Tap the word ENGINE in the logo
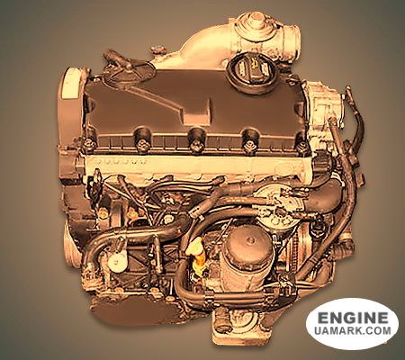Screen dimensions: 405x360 (x=353, y=318)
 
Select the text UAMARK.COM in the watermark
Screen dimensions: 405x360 (x=353, y=330)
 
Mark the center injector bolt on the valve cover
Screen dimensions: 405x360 (x=196, y=139)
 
